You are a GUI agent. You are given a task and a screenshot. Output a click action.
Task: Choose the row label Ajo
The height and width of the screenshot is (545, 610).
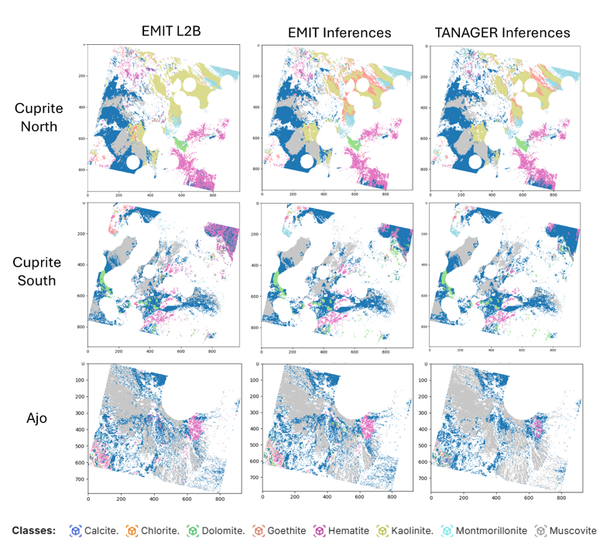(x=37, y=419)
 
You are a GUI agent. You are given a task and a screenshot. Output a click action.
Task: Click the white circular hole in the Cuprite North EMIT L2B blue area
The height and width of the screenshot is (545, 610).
(x=132, y=162)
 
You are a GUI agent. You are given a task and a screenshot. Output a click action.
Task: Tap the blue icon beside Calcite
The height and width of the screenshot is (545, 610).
(x=75, y=531)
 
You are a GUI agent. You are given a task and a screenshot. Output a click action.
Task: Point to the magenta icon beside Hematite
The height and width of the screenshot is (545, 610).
(x=319, y=531)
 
